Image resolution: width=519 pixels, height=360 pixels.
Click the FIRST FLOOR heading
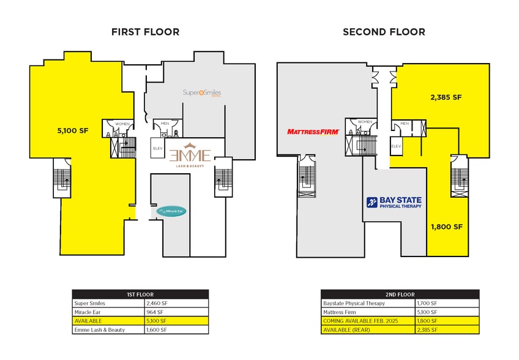pyautogui.click(x=145, y=32)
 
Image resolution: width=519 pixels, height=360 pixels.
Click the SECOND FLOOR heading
pyautogui.click(x=383, y=32)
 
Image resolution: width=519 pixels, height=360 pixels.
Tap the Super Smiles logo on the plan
pyautogui.click(x=202, y=93)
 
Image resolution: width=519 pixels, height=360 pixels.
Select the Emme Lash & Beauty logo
pyautogui.click(x=190, y=157)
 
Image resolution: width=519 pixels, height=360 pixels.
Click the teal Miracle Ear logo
pyautogui.click(x=171, y=211)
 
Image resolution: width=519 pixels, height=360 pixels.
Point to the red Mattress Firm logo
pyautogui.click(x=312, y=131)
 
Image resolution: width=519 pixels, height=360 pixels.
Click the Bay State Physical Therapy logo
pyautogui.click(x=394, y=203)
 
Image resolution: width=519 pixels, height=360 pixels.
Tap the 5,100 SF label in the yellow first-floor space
pyautogui.click(x=73, y=130)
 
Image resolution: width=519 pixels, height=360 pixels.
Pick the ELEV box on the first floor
pyautogui.click(x=157, y=148)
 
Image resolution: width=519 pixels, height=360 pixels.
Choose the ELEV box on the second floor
pyautogui.click(x=396, y=146)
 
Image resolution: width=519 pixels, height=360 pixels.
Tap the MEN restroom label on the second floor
pyautogui.click(x=405, y=124)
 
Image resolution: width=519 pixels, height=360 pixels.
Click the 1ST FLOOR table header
pyautogui.click(x=140, y=294)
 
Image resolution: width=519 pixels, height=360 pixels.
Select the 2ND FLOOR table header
pyautogui.click(x=400, y=294)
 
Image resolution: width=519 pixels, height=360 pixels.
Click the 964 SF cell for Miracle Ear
pyautogui.click(x=156, y=312)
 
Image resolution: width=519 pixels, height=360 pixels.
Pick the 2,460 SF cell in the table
pyautogui.click(x=158, y=303)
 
